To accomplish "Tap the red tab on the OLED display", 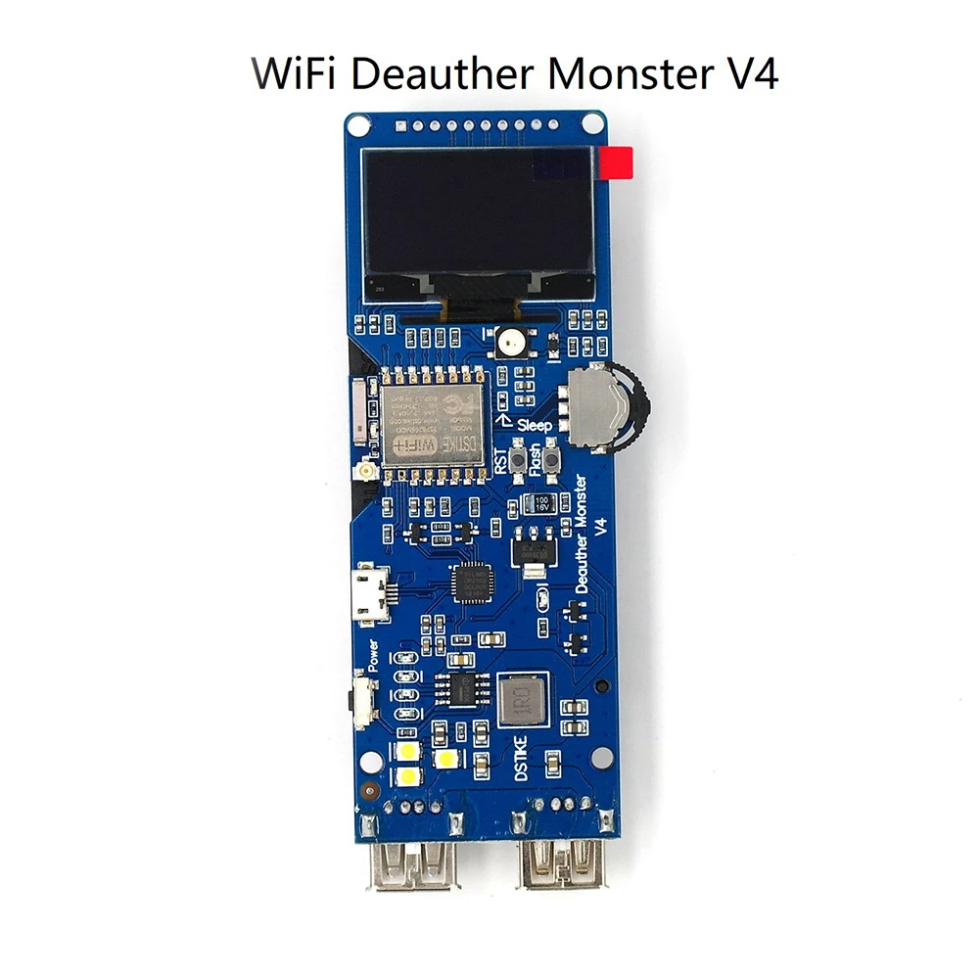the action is (619, 163).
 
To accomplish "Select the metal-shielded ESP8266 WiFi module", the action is (432, 421).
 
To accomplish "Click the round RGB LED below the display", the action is (510, 342).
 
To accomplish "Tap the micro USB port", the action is (369, 592).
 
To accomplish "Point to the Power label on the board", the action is (373, 654).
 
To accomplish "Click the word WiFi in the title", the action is (289, 73).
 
